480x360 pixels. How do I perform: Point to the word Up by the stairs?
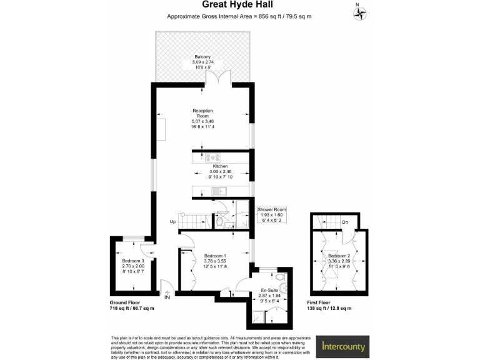pyautogui.click(x=172, y=222)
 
